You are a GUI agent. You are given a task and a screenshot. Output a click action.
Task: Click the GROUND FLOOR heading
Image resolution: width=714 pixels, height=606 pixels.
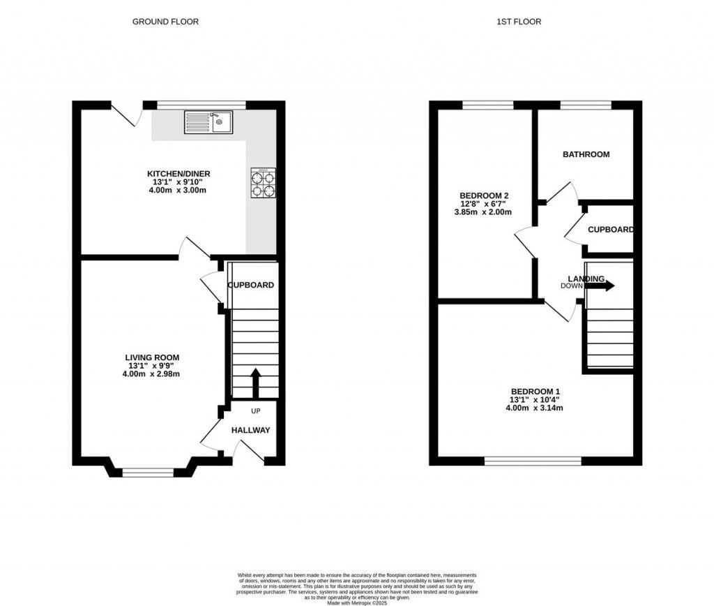165,22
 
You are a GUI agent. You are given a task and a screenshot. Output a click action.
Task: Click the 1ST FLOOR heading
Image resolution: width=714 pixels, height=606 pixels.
519,22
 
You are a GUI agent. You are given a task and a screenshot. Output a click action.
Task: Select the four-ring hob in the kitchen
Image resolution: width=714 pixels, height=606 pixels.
262,183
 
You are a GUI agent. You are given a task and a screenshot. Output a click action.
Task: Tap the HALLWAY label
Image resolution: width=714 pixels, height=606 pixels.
250,430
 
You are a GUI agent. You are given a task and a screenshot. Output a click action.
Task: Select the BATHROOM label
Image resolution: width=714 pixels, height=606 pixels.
586,154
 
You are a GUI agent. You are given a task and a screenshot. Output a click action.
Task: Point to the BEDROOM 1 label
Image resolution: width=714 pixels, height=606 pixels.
535,391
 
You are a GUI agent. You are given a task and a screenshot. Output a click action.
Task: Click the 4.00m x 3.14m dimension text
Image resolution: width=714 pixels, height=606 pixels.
535,408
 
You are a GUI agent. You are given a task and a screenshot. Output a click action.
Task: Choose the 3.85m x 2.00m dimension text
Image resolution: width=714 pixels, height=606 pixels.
484,212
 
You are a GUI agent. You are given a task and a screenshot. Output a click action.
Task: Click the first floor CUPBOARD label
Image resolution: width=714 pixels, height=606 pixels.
610,230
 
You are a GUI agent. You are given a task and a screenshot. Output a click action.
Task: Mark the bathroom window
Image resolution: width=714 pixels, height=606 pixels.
586,105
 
